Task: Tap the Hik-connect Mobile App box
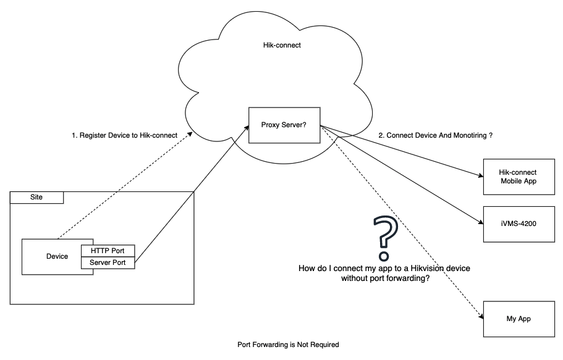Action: coord(518,176)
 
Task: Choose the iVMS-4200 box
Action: coord(518,224)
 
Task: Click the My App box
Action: coord(518,319)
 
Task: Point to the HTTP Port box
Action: coord(108,251)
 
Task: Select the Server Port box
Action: coord(108,263)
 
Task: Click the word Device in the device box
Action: coord(57,256)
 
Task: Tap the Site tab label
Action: coord(37,198)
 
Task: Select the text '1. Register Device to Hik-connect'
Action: coord(125,135)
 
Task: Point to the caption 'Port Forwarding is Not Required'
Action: coord(288,345)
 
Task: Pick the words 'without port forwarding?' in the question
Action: coord(386,278)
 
